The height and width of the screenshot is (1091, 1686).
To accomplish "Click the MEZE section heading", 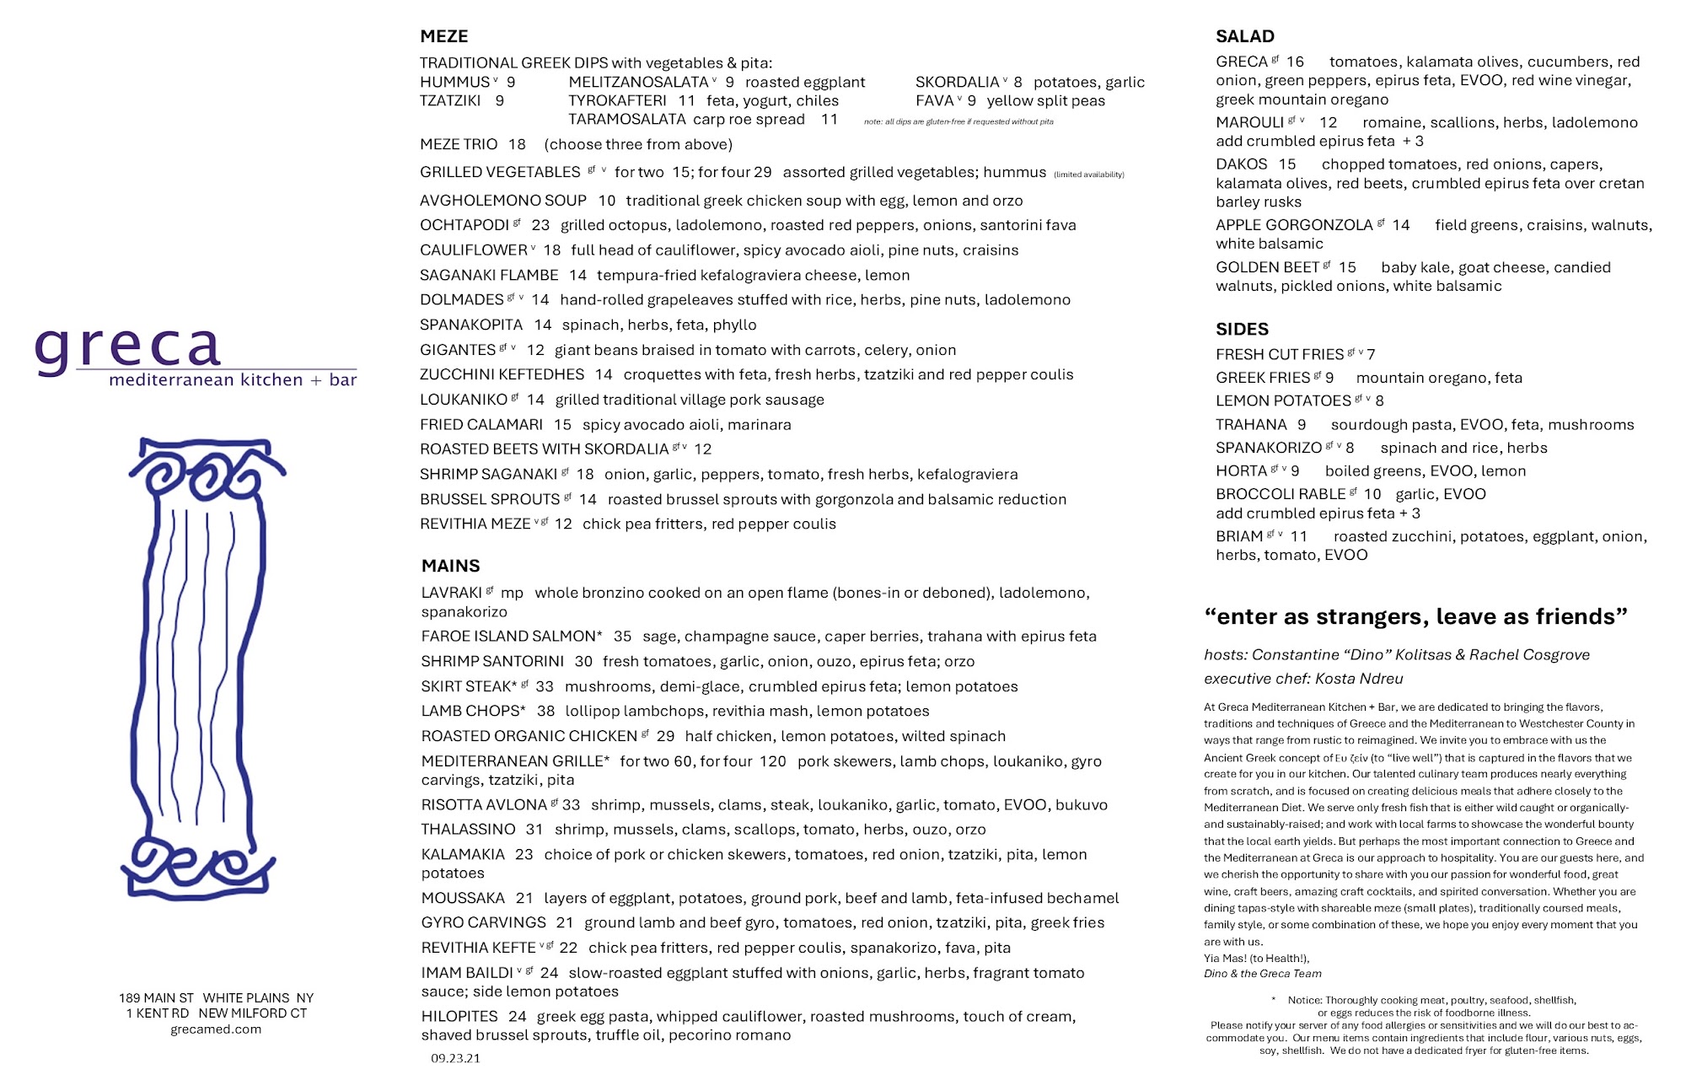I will coord(443,36).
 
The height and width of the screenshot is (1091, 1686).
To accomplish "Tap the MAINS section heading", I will coord(450,566).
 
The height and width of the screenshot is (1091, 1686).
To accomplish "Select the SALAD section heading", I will coord(1244,36).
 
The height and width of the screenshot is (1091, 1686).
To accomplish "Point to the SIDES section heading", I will coord(1242,329).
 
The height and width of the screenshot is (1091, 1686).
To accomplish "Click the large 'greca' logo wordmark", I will coord(128,347).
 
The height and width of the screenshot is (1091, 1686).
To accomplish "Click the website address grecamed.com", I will coord(216,1029).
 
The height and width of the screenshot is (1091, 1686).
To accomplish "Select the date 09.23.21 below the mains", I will coord(455,1058).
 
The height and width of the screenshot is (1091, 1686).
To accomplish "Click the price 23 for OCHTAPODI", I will coord(540,225).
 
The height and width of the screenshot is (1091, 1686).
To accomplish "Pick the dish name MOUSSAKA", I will coord(463,898).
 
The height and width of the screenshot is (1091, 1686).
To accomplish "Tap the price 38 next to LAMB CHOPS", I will coord(545,711).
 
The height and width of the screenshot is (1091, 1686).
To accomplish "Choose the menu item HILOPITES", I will coord(459,1016).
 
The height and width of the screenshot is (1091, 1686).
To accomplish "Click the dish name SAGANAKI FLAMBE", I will coord(489,275).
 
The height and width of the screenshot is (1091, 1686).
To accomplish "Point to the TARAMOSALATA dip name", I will coord(626,119).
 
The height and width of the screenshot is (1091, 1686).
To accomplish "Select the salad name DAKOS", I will coord(1241,164).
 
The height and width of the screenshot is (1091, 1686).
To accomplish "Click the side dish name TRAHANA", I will coord(1251,424).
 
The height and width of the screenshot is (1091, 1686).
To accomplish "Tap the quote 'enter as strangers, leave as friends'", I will coord(1415,616).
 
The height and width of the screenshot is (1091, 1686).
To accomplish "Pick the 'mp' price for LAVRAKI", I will coord(512,593).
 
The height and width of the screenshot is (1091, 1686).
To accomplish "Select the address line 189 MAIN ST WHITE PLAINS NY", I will coord(216,998).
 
